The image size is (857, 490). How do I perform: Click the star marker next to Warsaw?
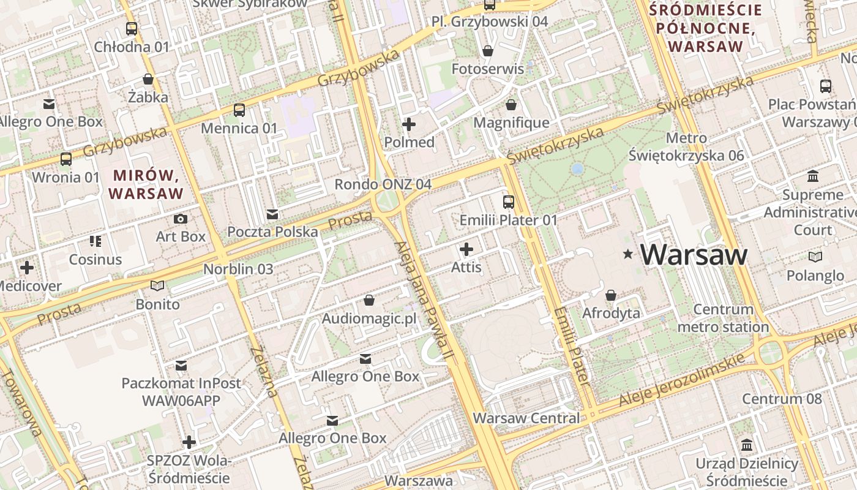tap(627, 254)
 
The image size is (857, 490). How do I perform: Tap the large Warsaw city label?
tap(694, 254)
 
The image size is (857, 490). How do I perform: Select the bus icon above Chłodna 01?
tap(132, 28)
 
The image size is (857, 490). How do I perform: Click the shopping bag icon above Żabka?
tap(148, 79)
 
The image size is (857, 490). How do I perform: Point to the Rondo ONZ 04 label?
tap(383, 184)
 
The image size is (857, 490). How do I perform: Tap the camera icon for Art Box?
tap(181, 219)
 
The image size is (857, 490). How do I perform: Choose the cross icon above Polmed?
tap(408, 124)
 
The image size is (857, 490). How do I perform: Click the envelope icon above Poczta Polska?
tap(272, 214)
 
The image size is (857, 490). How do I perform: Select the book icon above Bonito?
tap(157, 285)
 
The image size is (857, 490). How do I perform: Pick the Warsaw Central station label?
tap(526, 418)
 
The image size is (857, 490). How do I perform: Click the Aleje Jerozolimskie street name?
tap(683, 380)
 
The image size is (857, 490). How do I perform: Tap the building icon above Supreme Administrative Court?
tap(813, 177)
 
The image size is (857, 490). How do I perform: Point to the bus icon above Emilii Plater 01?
tap(508, 202)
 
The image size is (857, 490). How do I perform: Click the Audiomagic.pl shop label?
tap(369, 318)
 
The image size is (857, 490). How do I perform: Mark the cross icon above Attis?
tap(466, 249)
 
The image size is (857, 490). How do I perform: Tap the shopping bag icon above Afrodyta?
tap(610, 295)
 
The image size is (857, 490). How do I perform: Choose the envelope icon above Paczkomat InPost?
tap(181, 366)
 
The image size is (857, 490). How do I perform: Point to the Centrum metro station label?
tap(723, 318)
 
